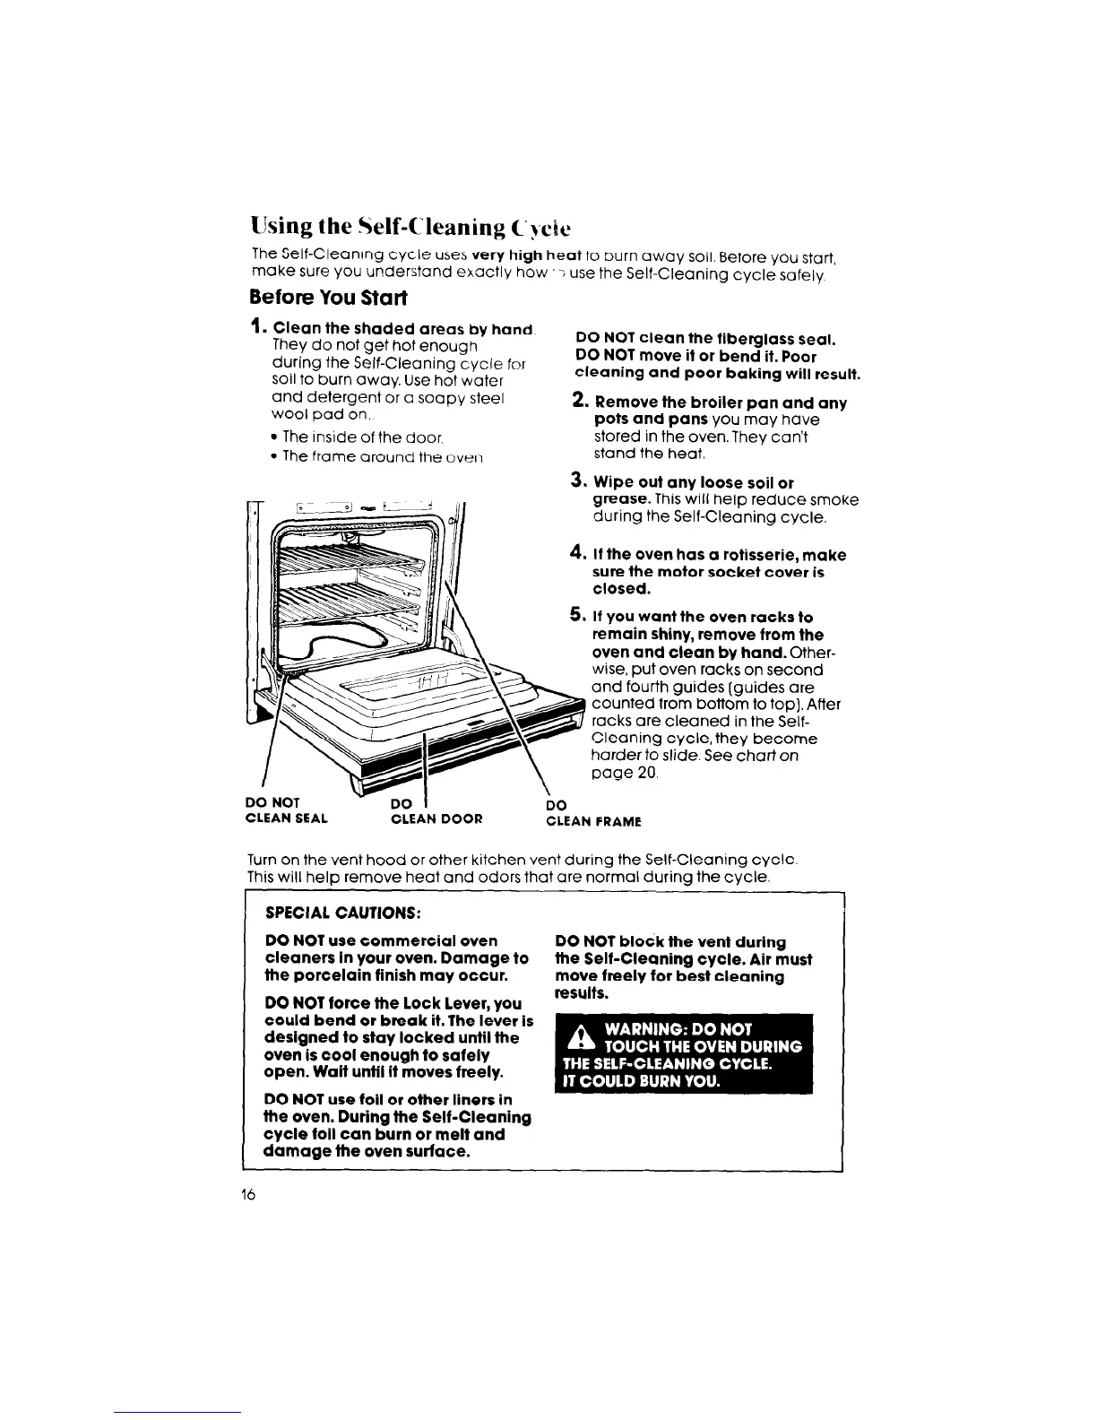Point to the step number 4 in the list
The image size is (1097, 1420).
(x=578, y=554)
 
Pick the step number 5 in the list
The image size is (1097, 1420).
(x=578, y=616)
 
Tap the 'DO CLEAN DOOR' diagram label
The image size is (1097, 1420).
(x=437, y=810)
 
